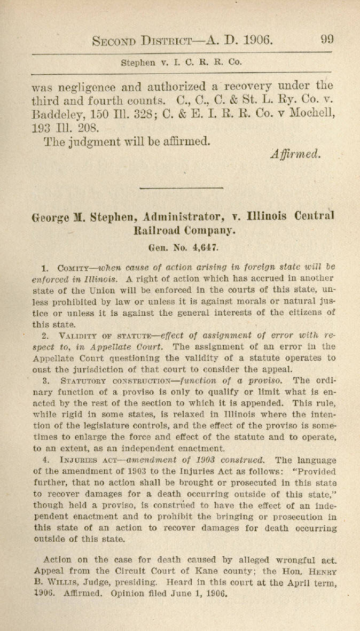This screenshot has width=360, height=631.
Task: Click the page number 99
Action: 327,40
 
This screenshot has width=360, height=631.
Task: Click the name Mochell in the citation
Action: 308,114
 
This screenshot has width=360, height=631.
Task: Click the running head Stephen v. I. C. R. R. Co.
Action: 182,62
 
